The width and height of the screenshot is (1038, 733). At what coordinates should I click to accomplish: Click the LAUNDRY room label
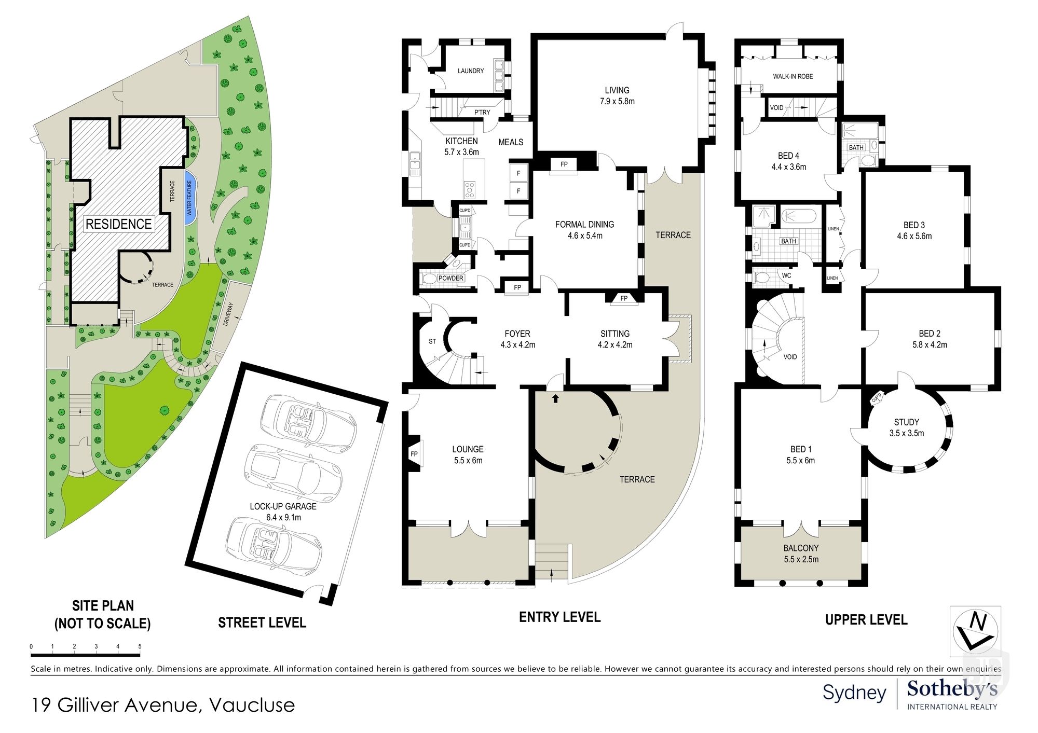pos(471,71)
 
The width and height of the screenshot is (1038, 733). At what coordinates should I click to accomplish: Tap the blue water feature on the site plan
pos(189,198)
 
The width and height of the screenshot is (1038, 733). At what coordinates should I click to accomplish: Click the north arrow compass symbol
pos(975,631)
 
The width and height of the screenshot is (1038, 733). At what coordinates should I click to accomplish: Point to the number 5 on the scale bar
pos(140,646)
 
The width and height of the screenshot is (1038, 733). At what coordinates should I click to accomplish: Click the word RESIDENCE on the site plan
pos(119,224)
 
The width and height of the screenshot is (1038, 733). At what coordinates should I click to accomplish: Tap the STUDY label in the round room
pos(907,422)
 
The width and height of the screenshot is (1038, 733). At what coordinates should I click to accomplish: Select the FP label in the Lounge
pos(414,454)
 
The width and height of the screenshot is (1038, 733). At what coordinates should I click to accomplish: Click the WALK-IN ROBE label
pos(793,76)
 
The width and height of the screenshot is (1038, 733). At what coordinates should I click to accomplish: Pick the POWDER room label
pos(450,278)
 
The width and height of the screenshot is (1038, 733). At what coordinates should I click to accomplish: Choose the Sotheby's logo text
pos(952,689)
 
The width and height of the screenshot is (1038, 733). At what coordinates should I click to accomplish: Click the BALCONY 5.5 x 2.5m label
pos(801,554)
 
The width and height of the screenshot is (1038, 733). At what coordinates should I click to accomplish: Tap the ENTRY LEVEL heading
pos(560,617)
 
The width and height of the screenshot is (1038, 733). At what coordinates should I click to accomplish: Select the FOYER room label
pos(517,334)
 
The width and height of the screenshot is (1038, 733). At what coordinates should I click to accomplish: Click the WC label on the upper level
pos(787,275)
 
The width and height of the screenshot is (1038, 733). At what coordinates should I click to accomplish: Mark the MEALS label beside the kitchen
pos(511,142)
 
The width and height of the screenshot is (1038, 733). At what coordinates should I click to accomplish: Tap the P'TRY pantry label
pos(482,112)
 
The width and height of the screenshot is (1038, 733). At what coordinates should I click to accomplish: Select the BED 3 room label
pos(914,225)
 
